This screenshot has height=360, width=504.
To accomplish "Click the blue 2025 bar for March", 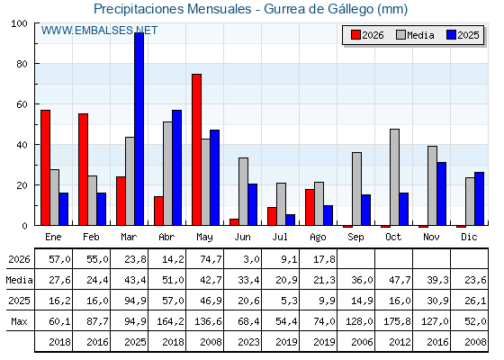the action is (139, 129).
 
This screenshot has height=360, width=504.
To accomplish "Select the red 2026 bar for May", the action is (196, 149).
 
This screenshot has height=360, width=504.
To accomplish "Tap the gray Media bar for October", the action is (395, 177).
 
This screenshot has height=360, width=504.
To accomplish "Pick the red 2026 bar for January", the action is (45, 167).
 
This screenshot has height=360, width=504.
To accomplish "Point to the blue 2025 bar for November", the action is (441, 193).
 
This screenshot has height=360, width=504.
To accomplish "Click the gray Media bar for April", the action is (167, 174).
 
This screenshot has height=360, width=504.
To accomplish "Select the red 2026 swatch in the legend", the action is (355, 35).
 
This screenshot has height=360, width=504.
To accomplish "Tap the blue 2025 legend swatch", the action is (451, 35).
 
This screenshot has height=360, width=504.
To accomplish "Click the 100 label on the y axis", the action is (19, 23).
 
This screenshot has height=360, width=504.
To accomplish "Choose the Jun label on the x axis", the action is (242, 237).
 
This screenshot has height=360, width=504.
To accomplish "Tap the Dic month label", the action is (469, 237).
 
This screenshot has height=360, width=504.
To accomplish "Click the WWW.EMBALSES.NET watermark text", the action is (99, 31).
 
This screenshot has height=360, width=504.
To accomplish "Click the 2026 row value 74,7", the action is (211, 259).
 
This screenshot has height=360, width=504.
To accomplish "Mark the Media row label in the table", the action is (19, 280).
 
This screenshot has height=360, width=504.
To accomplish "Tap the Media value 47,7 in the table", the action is (400, 280).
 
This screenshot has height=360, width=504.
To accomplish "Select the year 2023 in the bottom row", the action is (248, 342).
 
